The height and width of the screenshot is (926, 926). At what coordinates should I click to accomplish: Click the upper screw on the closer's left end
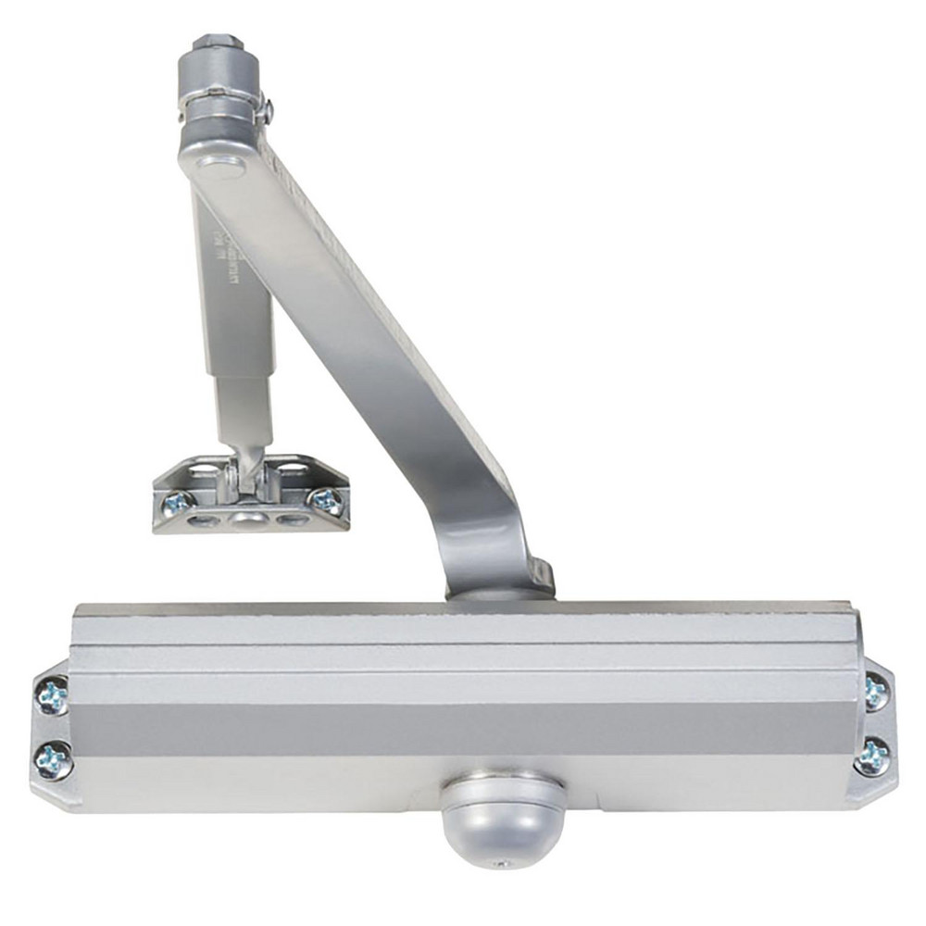click(x=53, y=694)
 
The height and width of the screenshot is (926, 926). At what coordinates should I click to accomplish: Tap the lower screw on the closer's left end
click(x=53, y=759)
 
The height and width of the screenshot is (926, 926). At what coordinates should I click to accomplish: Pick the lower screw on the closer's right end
click(x=872, y=756)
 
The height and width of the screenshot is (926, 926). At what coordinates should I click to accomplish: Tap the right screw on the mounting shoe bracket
click(x=327, y=501)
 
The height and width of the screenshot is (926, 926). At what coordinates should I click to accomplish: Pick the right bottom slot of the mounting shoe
click(x=294, y=519)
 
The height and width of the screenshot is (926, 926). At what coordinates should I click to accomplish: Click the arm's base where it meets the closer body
click(x=500, y=583)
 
